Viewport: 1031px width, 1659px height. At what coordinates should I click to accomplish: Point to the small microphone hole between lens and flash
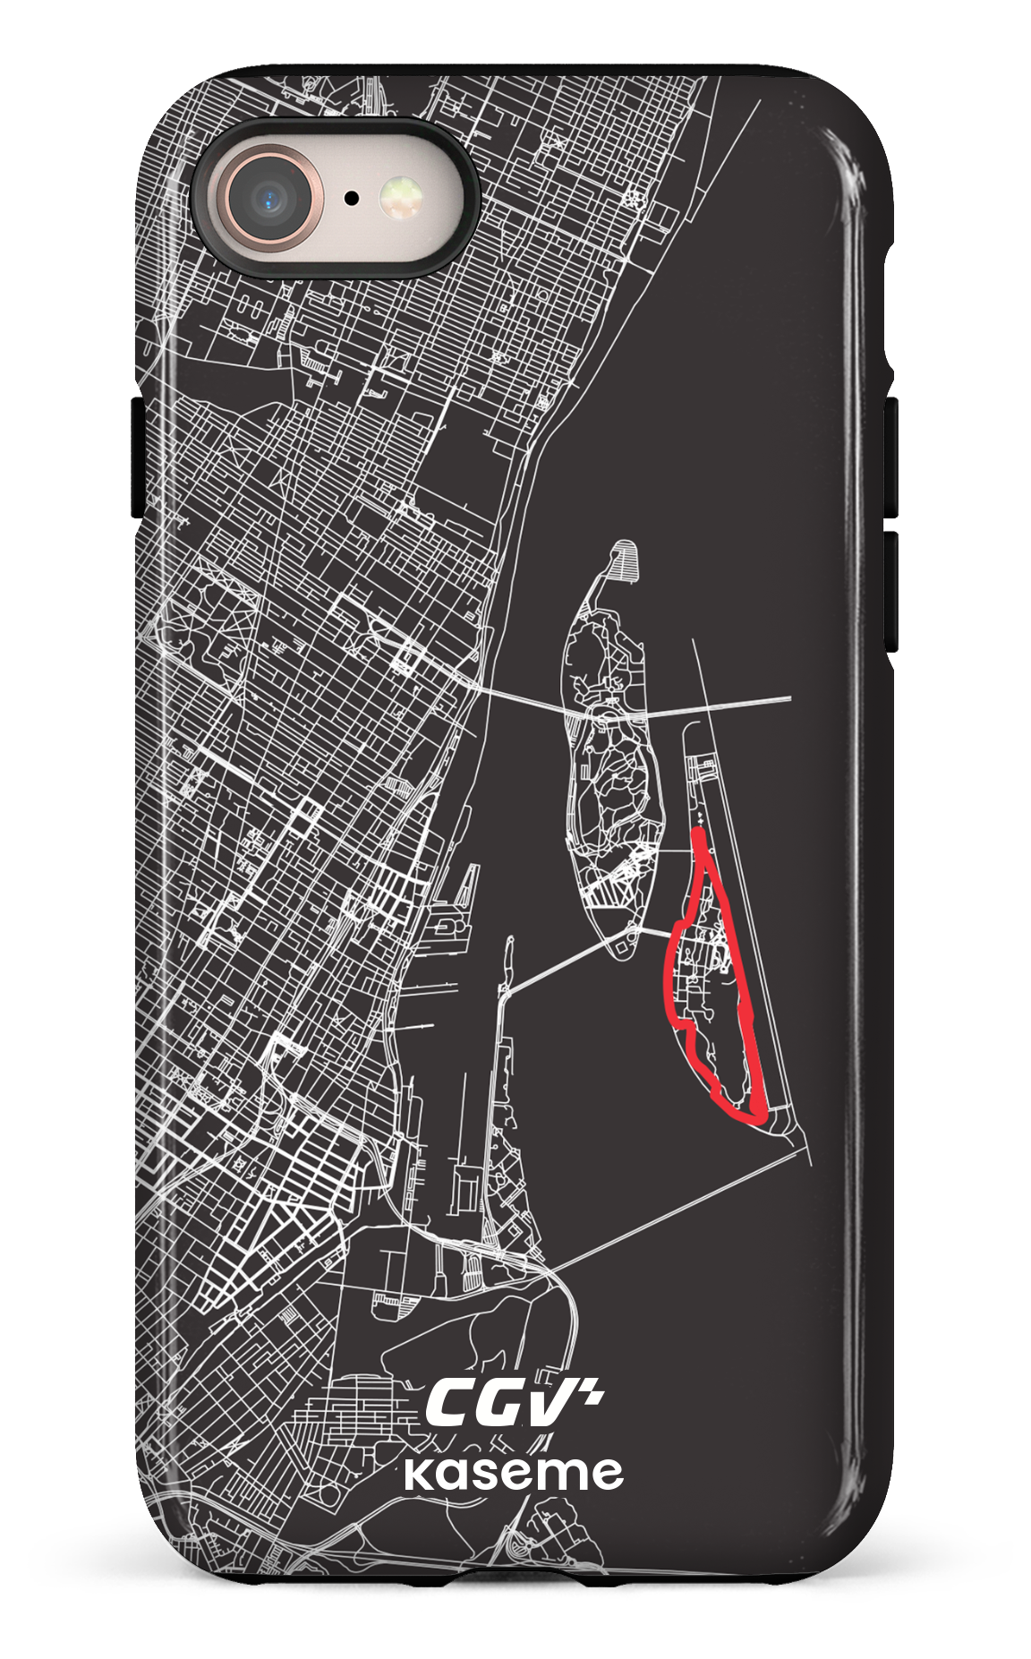[353, 198]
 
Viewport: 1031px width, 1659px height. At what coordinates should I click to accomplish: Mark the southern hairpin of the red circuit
[752, 1114]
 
